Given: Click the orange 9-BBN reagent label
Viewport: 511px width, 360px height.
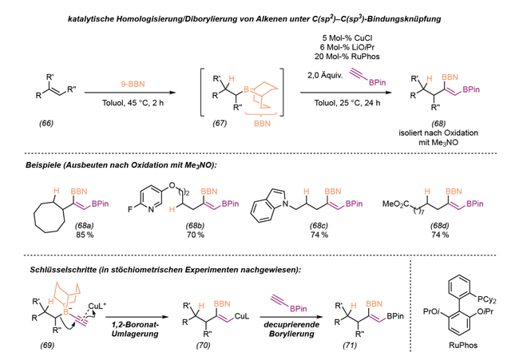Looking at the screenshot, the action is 133,84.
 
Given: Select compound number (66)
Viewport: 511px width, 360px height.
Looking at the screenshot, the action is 46,123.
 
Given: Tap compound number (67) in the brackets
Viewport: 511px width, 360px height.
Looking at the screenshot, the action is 220,123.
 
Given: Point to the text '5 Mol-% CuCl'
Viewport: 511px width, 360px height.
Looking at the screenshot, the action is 347,38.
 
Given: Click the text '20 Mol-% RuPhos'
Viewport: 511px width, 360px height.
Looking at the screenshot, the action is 347,57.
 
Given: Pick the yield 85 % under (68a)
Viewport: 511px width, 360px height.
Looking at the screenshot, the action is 85,235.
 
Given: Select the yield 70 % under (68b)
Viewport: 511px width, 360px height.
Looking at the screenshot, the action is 196,235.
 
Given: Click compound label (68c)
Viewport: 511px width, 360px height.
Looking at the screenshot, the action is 319,225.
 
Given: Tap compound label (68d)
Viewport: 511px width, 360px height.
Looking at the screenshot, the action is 440,225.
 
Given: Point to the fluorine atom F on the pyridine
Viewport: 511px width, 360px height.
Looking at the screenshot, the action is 130,209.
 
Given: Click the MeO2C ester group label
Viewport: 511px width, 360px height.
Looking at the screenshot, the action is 396,204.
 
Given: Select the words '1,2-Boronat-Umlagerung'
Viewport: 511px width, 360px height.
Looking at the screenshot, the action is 135,329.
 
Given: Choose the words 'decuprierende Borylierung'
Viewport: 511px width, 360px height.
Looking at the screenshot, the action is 291,329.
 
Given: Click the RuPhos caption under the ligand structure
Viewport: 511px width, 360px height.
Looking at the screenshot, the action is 463,346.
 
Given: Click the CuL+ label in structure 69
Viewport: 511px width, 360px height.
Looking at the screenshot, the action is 97,306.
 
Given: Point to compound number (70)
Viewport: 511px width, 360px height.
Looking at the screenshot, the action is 203,346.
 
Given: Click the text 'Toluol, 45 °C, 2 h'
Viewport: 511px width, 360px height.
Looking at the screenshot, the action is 133,103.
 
